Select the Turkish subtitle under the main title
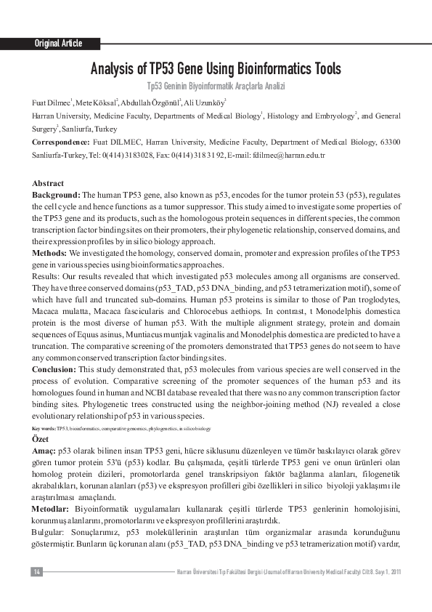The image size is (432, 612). (x=216, y=86)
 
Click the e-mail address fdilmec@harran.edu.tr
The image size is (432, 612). (x=288, y=156)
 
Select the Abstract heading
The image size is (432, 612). (x=49, y=184)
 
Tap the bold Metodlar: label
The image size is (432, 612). (x=52, y=508)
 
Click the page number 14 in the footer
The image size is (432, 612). (x=37, y=572)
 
